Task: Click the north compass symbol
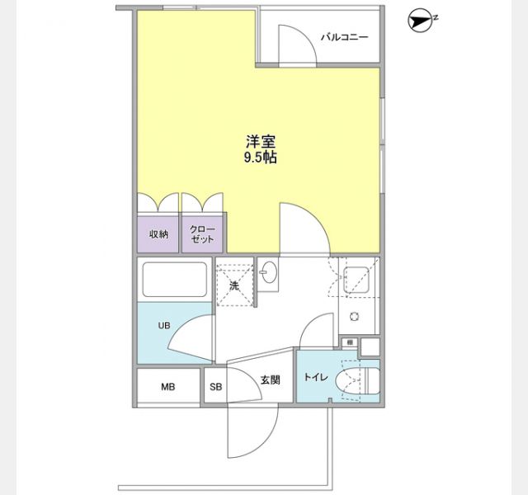pos(420,22)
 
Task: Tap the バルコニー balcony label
pos(344,37)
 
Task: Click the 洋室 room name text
pos(261,142)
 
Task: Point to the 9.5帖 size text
pos(261,158)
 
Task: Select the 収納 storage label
pos(158,234)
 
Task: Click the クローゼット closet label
pos(202,234)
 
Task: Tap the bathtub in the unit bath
pos(175,280)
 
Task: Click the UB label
pos(164,326)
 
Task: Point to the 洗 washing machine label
pos(234,285)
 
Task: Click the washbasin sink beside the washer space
pos(269,272)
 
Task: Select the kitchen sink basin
pos(356,280)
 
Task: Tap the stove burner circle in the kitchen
pos(354,317)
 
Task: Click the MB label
pos(167,387)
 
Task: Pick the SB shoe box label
pos(216,387)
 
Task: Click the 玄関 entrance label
pos(271,380)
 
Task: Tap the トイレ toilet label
pos(316,377)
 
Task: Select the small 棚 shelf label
pos(350,342)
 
